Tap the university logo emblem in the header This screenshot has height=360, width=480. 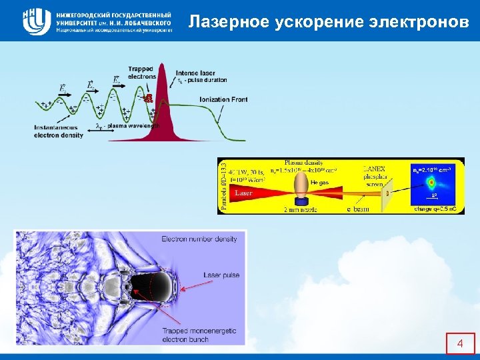click(x=37, y=21)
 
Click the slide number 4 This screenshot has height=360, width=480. click(x=459, y=344)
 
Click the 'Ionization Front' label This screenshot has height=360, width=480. click(x=223, y=99)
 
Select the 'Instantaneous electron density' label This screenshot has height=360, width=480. click(x=59, y=131)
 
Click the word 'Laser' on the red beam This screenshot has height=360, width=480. click(x=243, y=193)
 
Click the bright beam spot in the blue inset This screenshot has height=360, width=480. click(x=431, y=181)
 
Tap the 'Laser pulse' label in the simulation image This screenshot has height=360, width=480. click(x=221, y=275)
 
